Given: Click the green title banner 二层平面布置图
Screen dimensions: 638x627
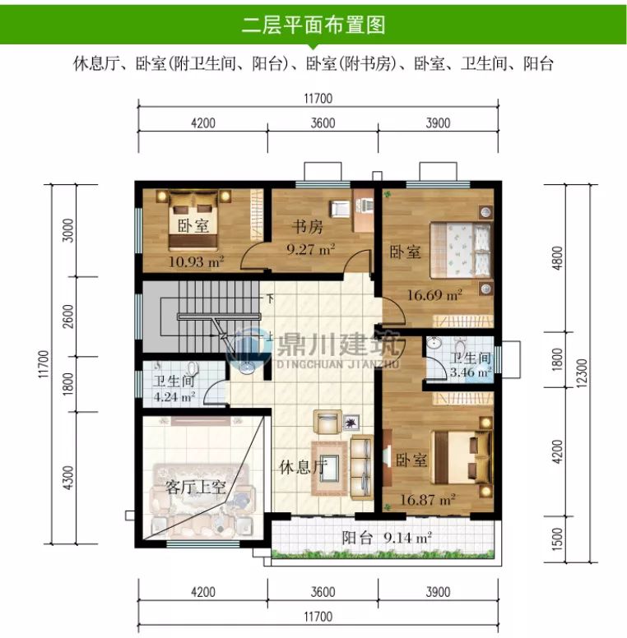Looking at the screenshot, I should pyautogui.click(x=313, y=25).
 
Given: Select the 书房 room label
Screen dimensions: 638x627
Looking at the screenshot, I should pyautogui.click(x=306, y=226).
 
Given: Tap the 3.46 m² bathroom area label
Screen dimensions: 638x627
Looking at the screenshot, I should pyautogui.click(x=470, y=372).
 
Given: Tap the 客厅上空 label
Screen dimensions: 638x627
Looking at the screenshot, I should pyautogui.click(x=196, y=487).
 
